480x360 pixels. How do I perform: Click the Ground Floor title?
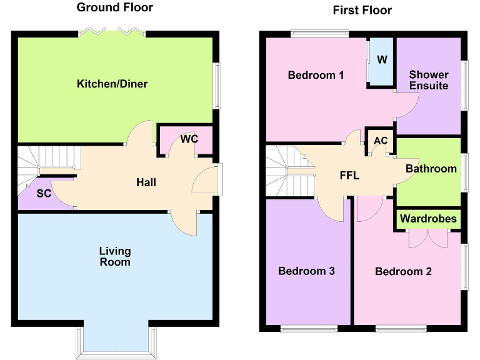(114, 7)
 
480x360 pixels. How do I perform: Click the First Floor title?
(362, 10)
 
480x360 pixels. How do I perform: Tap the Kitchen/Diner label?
(112, 84)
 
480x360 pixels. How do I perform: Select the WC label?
(189, 139)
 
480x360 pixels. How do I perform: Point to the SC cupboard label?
(44, 194)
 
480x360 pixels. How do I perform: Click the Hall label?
(146, 182)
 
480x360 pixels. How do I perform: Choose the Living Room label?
(115, 256)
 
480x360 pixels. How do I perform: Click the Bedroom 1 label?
(316, 75)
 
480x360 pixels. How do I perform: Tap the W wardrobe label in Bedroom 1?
(382, 60)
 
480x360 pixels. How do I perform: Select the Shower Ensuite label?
(429, 80)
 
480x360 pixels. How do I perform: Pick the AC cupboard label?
(380, 141)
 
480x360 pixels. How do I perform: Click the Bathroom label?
(431, 169)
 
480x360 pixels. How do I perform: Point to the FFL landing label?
(349, 176)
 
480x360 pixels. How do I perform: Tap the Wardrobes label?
(429, 219)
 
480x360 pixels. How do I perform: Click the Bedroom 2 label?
(403, 272)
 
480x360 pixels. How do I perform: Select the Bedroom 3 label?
(306, 271)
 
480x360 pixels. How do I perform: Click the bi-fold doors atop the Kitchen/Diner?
(112, 31)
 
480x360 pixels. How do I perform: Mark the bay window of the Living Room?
(116, 341)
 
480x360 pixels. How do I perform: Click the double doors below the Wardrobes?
(428, 239)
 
